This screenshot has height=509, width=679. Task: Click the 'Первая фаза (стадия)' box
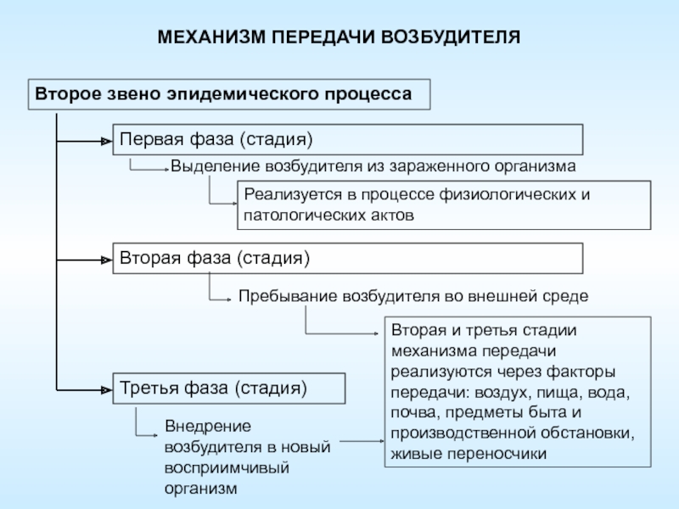(x=348, y=138)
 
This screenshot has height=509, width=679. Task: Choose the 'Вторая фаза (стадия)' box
(x=348, y=258)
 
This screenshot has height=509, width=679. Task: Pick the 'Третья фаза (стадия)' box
(x=229, y=389)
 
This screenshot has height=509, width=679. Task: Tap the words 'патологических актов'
(x=329, y=215)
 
